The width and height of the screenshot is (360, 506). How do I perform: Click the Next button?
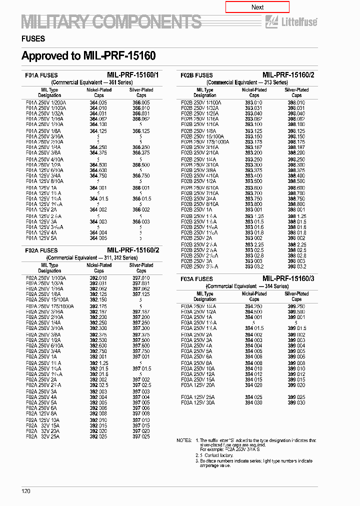pos(257,7)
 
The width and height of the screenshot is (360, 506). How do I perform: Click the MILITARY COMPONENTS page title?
pos(111,22)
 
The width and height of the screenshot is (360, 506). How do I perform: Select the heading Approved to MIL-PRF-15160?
pos(88,55)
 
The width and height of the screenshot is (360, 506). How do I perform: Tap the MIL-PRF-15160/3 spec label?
pos(288,278)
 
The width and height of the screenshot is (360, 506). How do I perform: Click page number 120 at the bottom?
pos(26,491)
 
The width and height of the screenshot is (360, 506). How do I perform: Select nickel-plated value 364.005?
pos(98,102)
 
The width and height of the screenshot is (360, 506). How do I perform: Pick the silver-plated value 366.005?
pos(141,102)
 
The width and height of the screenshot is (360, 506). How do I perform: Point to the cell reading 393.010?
pos(253,102)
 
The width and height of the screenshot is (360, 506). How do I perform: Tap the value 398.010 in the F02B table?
pos(296,102)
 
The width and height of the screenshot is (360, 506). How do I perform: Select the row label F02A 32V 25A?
pos(42,436)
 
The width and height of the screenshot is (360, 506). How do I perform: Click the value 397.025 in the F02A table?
pos(141,436)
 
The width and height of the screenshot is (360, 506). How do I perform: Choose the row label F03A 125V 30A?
pos(198,402)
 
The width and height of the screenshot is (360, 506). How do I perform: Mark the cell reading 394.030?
pos(253,402)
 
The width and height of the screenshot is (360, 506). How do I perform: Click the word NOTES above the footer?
pos(183,440)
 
